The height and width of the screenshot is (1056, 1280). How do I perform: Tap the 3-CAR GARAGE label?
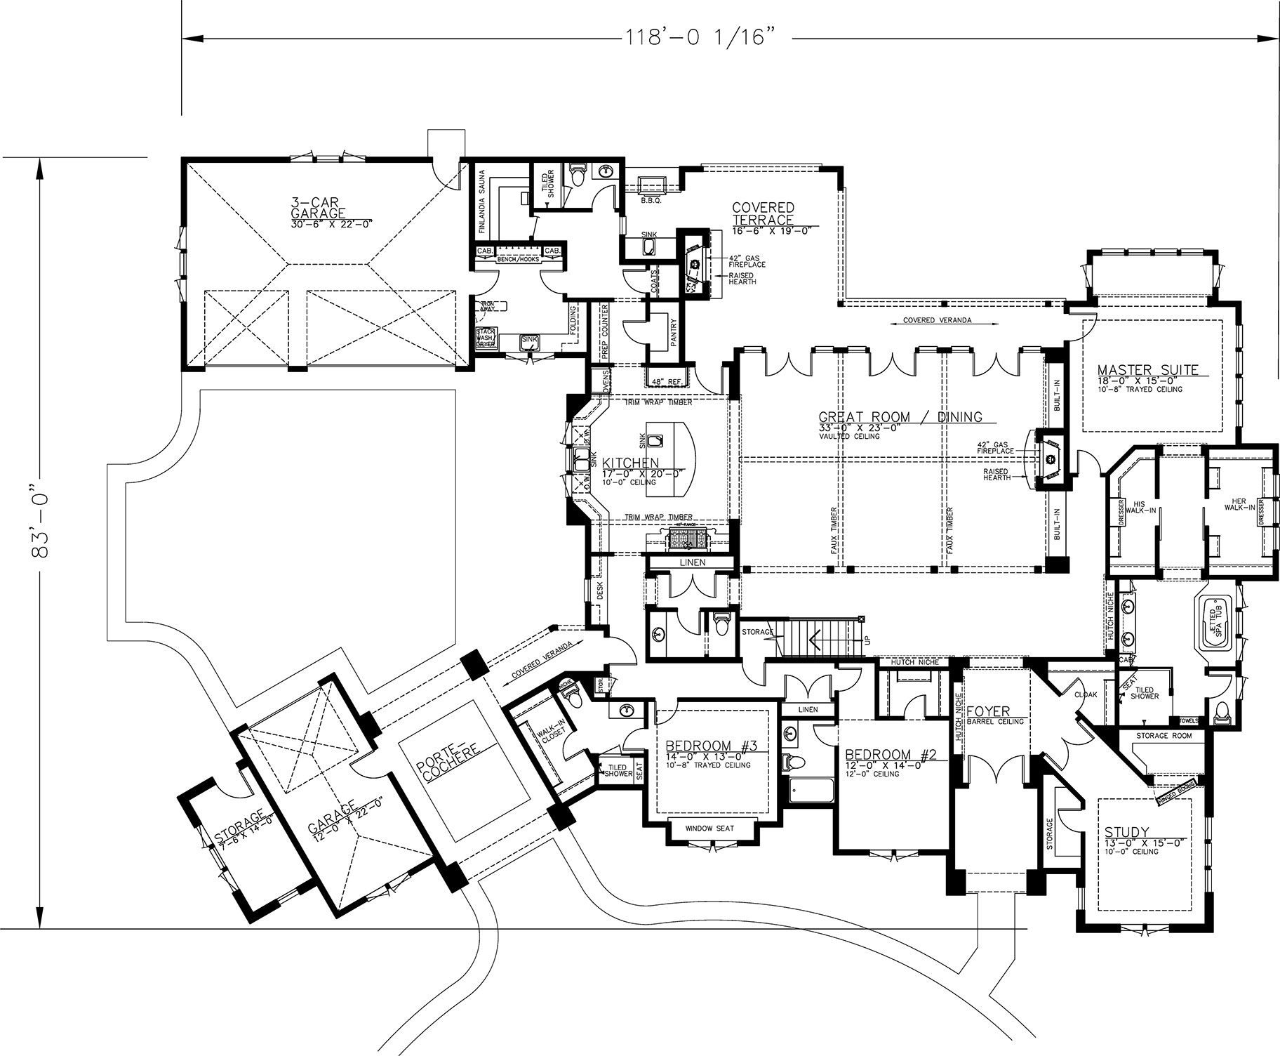pos(319,210)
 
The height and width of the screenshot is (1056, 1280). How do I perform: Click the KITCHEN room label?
pos(630,463)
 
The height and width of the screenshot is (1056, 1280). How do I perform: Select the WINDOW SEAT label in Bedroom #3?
pos(710,829)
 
